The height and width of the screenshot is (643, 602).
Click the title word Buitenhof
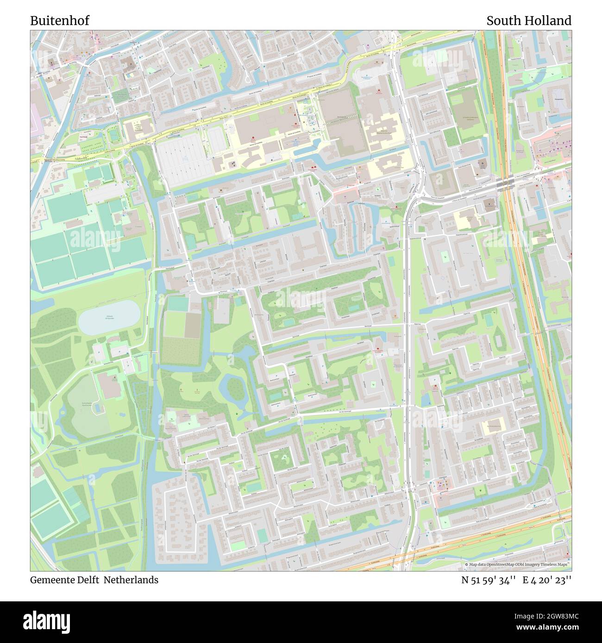[60, 21]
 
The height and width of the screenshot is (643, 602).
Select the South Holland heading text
[528, 21]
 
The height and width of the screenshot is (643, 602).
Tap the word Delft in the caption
[89, 580]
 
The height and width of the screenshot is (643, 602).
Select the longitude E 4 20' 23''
[547, 580]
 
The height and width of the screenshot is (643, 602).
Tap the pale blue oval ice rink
[109, 317]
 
